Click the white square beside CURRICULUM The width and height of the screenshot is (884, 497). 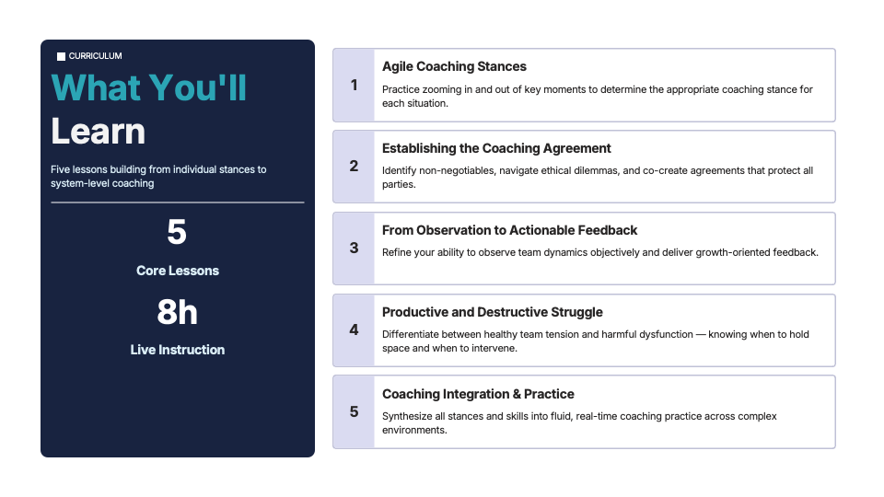tap(61, 56)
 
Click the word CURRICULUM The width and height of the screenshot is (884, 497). tap(95, 56)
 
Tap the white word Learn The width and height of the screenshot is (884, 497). tap(99, 132)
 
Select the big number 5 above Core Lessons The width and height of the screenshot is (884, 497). tap(177, 232)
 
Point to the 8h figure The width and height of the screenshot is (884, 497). tap(177, 312)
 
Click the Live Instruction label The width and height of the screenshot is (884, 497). tap(178, 350)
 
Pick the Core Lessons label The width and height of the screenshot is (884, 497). tap(178, 271)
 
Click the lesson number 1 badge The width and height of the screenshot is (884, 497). tap(354, 85)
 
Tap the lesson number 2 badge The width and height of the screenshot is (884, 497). tap(354, 167)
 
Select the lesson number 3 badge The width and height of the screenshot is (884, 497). tap(354, 248)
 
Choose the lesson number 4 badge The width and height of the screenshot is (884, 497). tap(354, 330)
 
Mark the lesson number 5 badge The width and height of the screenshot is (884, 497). tap(354, 412)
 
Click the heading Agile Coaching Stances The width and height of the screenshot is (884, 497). tap(454, 66)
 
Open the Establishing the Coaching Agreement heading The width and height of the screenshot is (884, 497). tap(496, 148)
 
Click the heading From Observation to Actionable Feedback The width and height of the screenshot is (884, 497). tap(509, 230)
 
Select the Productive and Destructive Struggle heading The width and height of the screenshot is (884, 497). tap(492, 312)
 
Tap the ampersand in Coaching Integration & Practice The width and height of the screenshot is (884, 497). tap(517, 394)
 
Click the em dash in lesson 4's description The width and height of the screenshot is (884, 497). tap(701, 335)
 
